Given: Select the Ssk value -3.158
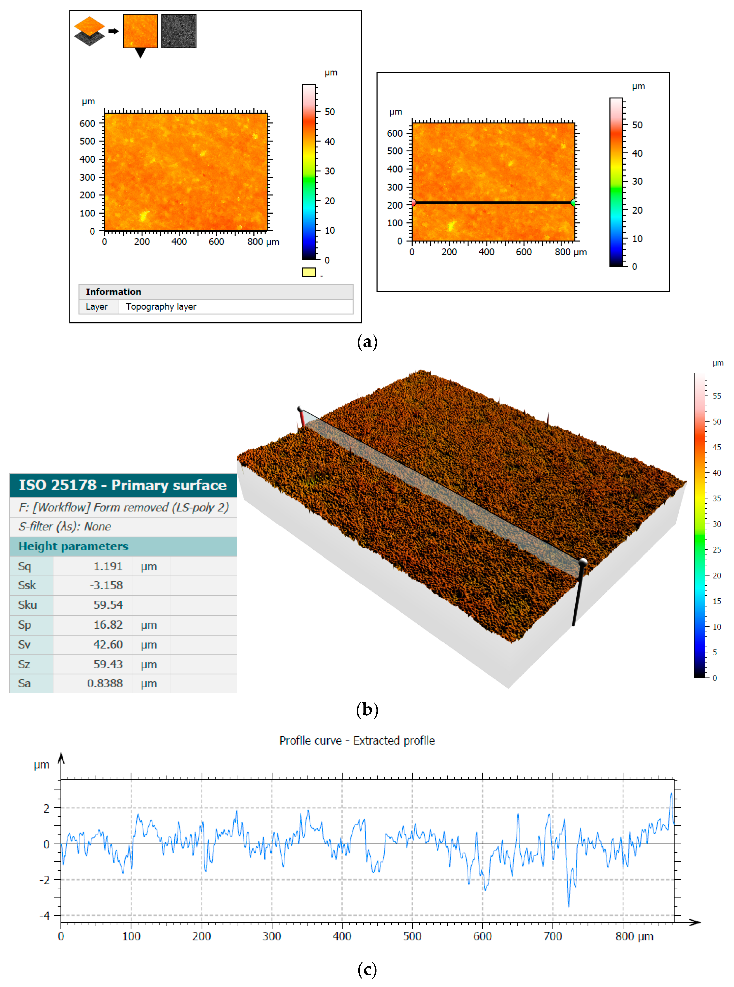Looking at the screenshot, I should [x=106, y=585].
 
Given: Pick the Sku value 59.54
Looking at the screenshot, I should [x=108, y=605].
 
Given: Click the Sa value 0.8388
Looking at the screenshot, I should [x=105, y=683].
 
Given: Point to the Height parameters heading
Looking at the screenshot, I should [x=73, y=546].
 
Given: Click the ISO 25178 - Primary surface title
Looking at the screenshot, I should [x=123, y=485].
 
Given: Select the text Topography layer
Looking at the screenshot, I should [x=161, y=307].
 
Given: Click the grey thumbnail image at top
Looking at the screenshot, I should [x=179, y=31].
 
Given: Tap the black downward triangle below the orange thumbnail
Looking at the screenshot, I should [x=140, y=53].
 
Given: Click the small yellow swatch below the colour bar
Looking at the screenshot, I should [x=308, y=272].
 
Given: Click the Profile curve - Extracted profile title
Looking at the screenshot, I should [x=357, y=740].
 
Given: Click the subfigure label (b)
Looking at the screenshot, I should [x=367, y=710].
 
